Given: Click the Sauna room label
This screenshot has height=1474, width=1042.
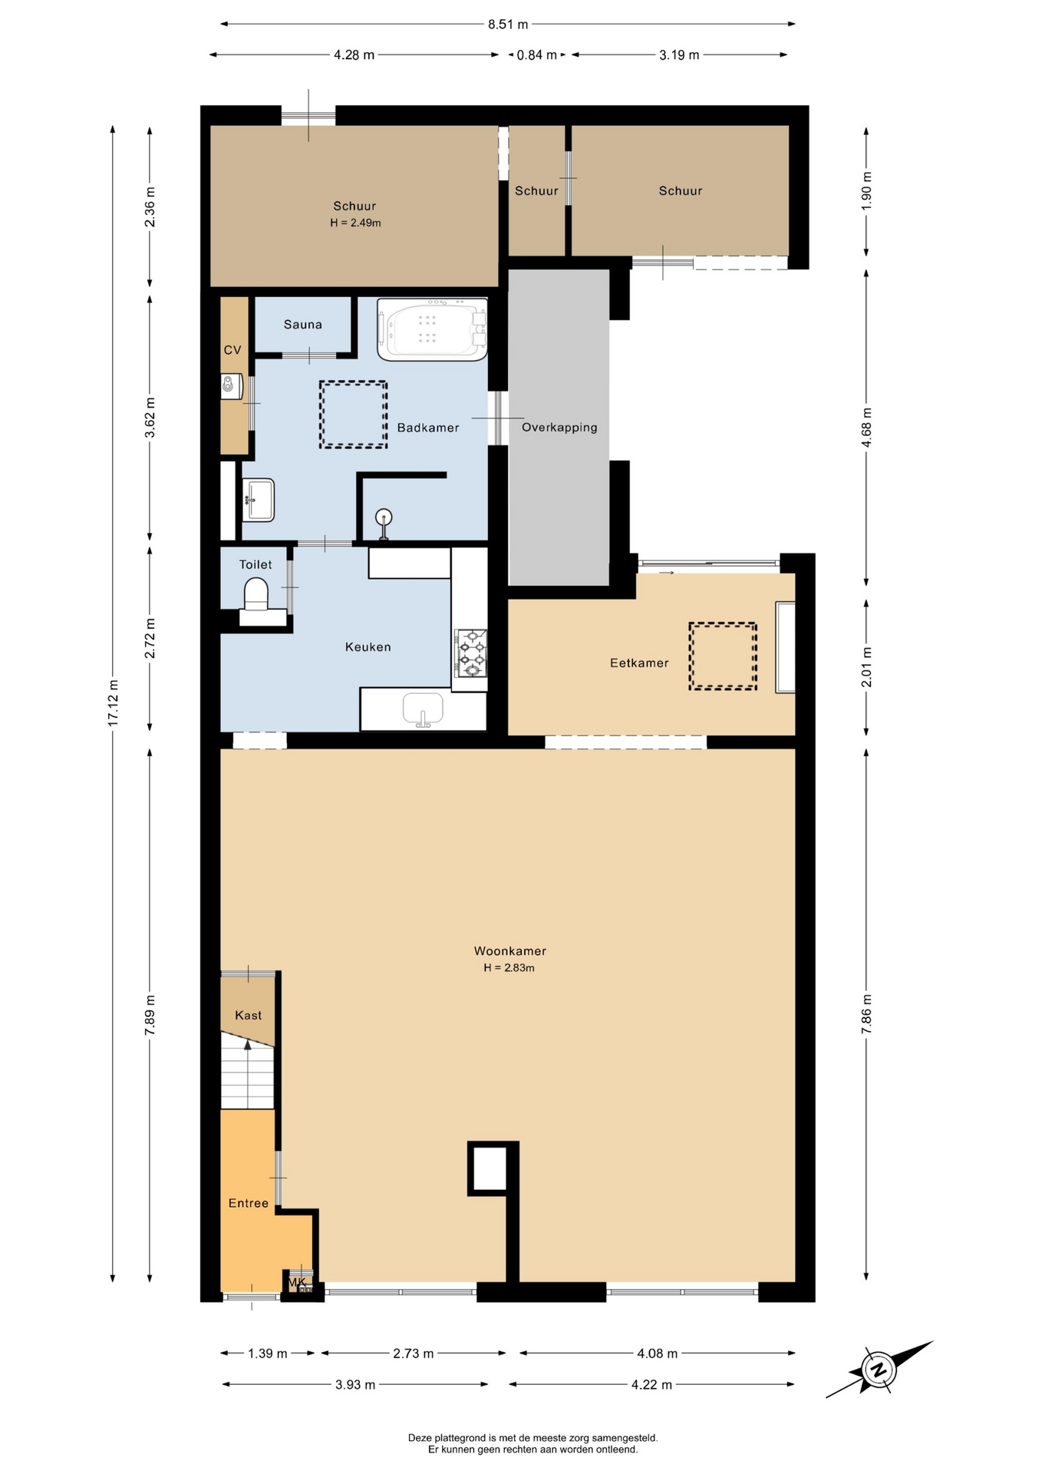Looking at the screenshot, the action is pos(302,325).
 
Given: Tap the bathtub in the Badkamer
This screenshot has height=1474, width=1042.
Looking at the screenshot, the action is pos(432,329).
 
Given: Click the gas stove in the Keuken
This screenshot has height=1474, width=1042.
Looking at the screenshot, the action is pos(470,653).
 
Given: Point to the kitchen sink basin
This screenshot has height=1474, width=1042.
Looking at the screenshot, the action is pos(424,709).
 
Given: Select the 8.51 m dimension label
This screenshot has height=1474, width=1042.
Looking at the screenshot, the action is pos(508,25).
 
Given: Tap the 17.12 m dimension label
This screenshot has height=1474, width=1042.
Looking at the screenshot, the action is pos(114,703).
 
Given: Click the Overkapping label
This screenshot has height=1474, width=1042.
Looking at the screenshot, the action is pos(559,428).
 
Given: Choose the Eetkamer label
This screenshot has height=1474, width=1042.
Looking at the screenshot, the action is pos(639,663).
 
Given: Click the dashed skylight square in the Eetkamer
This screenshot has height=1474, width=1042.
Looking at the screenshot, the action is pos(723,656).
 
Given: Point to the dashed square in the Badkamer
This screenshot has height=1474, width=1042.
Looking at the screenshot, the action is pos(354,415).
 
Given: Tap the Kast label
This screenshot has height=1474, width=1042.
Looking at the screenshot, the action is pos(248,1016).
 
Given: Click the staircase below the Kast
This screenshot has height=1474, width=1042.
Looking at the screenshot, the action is pos(247,1070).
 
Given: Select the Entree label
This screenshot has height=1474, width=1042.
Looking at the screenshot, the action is pos(249,1204).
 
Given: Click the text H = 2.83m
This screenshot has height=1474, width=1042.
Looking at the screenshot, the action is pos(509,968).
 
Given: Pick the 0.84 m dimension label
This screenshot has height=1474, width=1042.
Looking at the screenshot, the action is pos(537,55).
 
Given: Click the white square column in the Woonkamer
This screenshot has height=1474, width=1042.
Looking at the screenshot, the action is pos(489,1168).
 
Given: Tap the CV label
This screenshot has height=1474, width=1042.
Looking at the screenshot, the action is pos(232,350).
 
